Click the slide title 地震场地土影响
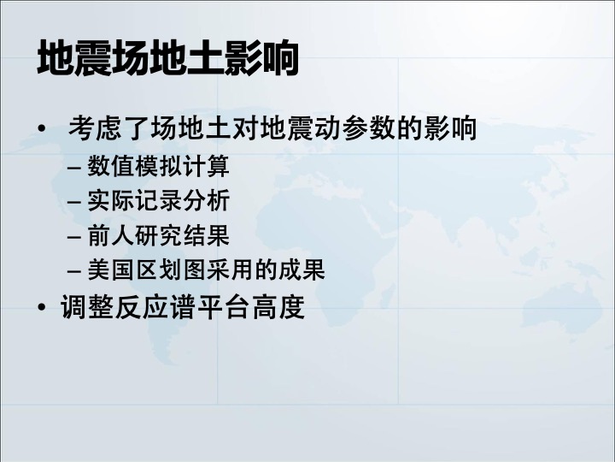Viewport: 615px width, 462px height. pos(168,58)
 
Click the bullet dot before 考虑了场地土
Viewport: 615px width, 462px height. pos(42,128)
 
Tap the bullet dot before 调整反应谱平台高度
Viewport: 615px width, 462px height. pos(42,307)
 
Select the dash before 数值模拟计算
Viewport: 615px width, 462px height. pos(74,168)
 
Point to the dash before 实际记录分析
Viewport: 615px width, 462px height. pos(74,202)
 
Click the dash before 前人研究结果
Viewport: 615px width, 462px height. pos(74,237)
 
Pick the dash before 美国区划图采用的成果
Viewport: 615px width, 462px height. pos(74,271)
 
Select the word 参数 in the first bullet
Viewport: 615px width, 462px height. pos(368,127)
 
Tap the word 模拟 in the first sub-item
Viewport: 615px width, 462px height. pos(158,166)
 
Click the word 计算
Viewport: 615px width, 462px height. pos(206,166)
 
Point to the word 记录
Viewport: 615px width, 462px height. pos(158,201)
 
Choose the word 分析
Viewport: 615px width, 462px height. pos(206,201)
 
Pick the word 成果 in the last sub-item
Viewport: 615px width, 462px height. pos(302,269)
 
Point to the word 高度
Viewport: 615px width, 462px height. pos(278,306)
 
